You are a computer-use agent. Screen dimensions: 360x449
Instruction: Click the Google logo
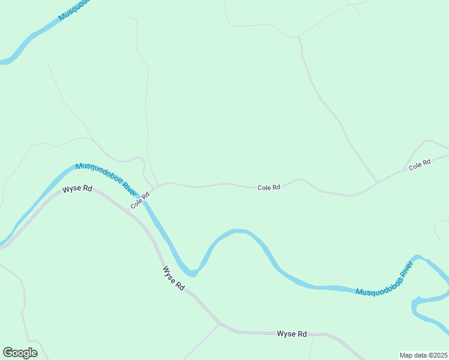tap(20, 353)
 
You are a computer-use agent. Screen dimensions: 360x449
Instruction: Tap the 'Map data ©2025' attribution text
tap(423, 355)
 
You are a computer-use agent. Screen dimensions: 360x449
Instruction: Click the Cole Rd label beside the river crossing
tap(140, 200)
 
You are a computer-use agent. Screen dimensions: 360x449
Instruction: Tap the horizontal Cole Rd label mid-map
tap(269, 188)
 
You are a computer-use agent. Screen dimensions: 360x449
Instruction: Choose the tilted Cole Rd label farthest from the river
tap(420, 164)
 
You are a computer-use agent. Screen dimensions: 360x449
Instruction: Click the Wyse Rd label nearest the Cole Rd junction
tap(77, 189)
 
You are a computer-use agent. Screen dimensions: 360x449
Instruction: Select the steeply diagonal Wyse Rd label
tap(173, 278)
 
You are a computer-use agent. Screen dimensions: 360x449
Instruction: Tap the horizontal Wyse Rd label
tap(292, 334)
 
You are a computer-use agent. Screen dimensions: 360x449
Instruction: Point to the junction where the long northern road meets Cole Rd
tap(378, 182)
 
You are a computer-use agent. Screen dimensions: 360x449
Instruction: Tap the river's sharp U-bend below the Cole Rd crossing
tap(191, 274)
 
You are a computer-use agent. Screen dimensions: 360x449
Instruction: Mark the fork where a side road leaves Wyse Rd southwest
tap(219, 324)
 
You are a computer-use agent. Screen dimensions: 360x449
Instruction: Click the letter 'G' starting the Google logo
tap(8, 353)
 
